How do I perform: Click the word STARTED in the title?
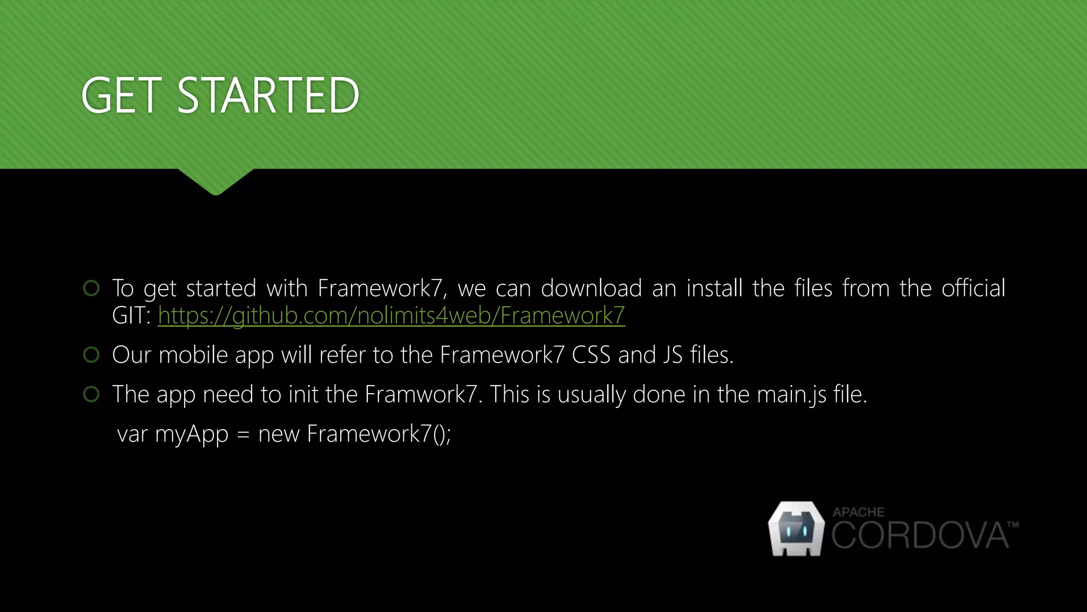[268, 96]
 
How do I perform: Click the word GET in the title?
[121, 96]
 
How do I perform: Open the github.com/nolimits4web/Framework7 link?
[391, 316]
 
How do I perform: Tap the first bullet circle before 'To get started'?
[91, 288]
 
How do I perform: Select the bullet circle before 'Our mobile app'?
[91, 354]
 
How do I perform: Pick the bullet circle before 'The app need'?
[91, 394]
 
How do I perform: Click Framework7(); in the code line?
[379, 434]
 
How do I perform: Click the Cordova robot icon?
[796, 529]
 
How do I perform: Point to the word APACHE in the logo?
[858, 512]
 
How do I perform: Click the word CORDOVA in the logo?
[919, 535]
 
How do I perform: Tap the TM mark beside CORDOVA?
[1013, 525]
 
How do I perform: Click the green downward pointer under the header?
[216, 181]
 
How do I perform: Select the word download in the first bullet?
[591, 288]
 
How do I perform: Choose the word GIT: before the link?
[131, 316]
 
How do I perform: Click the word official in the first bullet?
[973, 288]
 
